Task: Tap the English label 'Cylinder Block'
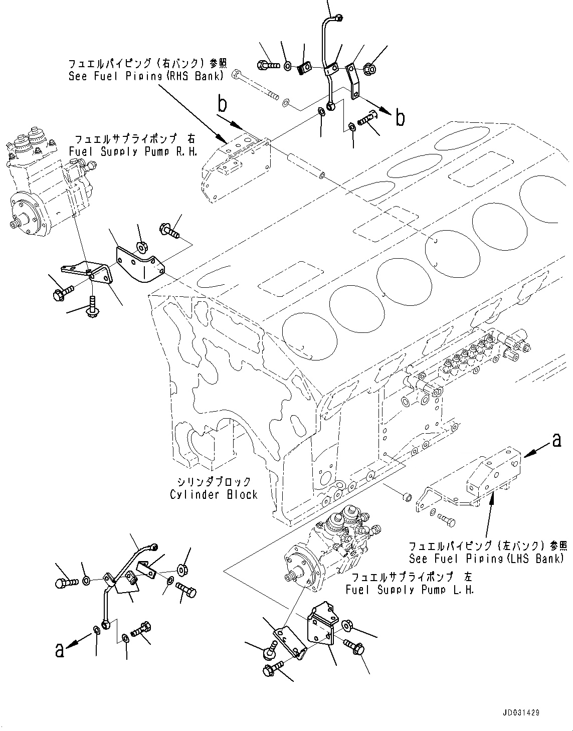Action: coord(214,494)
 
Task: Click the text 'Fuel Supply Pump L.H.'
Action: coord(410,590)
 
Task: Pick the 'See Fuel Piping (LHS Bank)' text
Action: coord(487,559)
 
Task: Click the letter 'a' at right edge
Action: coord(555,440)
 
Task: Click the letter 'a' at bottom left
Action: coord(60,650)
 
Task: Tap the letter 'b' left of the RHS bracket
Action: coord(222,106)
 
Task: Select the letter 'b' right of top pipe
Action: coord(400,118)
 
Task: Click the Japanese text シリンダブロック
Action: coord(211,482)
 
